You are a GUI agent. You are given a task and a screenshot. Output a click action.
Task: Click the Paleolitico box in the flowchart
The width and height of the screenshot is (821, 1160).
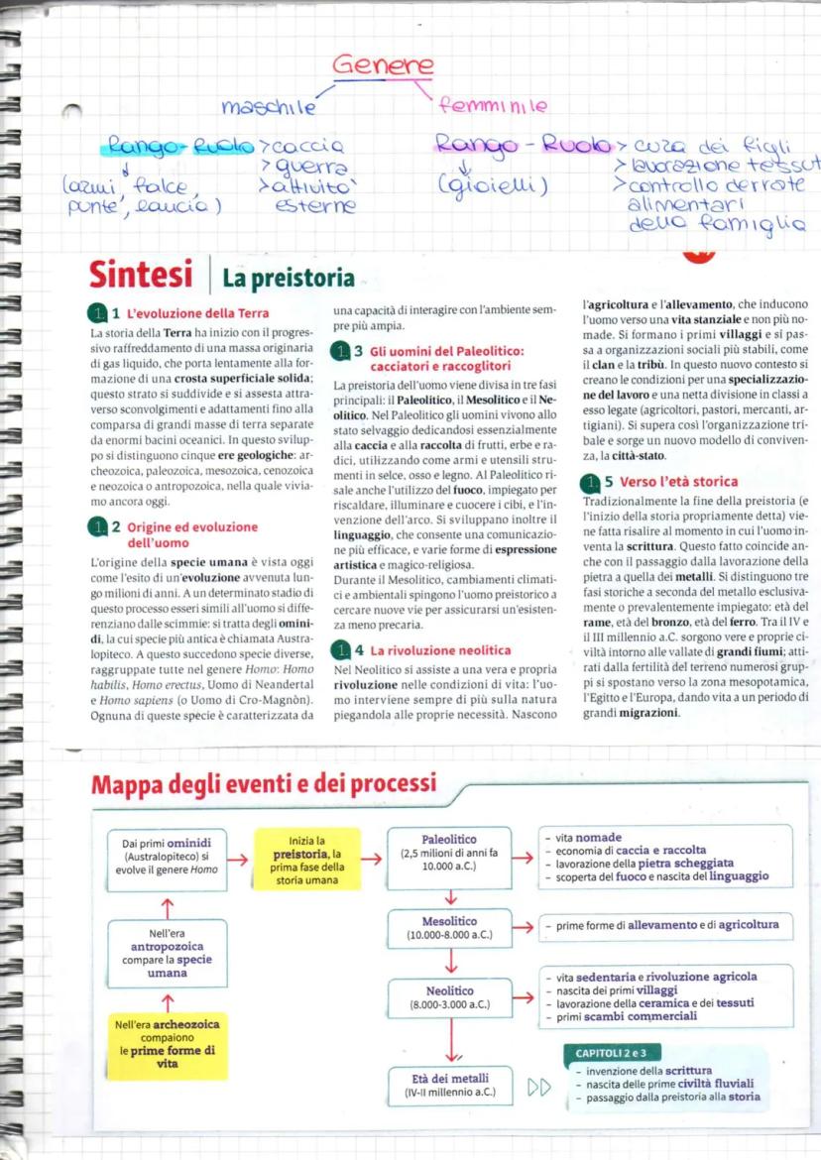pyautogui.click(x=449, y=851)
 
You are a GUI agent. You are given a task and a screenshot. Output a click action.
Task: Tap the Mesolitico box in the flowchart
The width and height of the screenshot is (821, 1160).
pyautogui.click(x=450, y=927)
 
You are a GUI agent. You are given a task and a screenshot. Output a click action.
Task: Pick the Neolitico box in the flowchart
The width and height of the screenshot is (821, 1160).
pyautogui.click(x=450, y=996)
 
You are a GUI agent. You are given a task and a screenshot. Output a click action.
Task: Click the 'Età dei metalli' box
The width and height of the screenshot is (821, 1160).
pyautogui.click(x=449, y=1084)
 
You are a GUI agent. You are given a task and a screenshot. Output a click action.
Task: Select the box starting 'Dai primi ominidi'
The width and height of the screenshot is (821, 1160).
pyautogui.click(x=168, y=855)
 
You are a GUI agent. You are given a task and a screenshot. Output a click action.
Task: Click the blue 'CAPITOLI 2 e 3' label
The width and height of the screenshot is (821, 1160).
pyautogui.click(x=609, y=1052)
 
